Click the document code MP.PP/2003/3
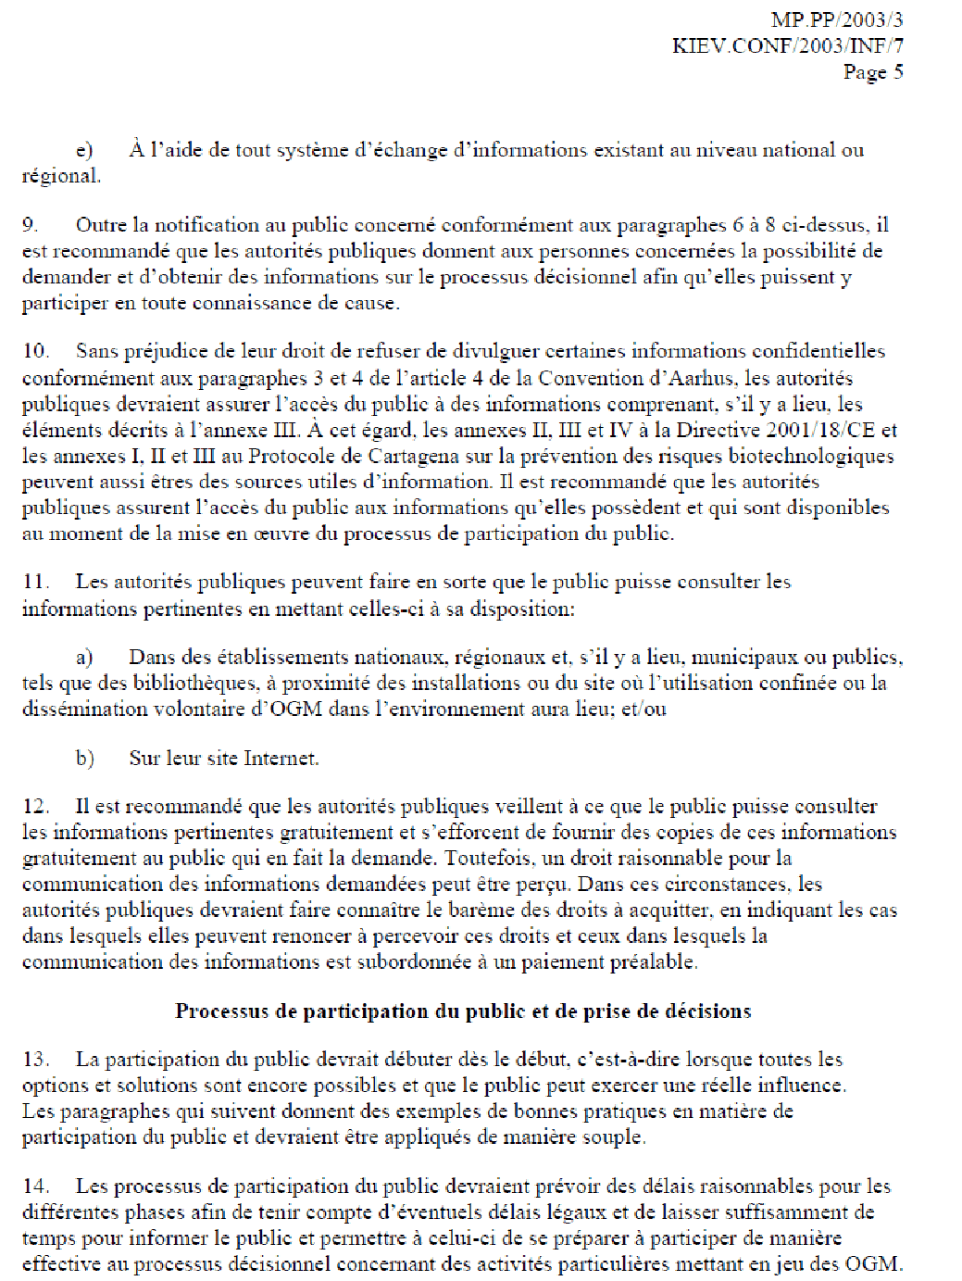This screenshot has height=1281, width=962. click(x=836, y=19)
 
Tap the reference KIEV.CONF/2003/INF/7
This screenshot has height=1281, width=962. click(x=787, y=45)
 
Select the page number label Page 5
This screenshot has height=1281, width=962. click(x=872, y=72)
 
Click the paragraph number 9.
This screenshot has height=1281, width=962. click(x=30, y=225)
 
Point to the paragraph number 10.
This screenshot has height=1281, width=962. click(x=34, y=351)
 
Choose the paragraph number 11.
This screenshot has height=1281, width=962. click(x=34, y=582)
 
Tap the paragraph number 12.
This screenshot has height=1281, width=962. click(x=34, y=807)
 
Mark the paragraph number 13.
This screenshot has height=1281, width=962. click(x=34, y=1060)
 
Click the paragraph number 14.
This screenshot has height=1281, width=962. click(x=34, y=1187)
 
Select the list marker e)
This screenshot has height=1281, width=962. click(x=84, y=150)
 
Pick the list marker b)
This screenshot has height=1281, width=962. click(x=84, y=759)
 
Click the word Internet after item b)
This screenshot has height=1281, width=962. click(x=281, y=759)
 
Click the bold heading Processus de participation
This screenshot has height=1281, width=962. click(x=463, y=1011)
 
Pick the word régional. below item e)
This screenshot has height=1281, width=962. click(x=61, y=176)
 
